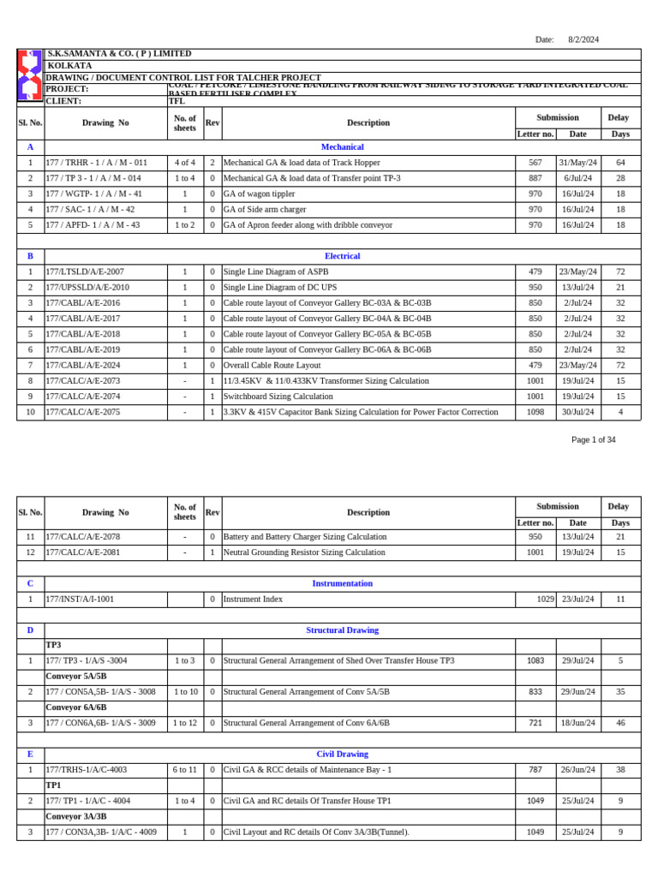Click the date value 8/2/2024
(x=583, y=39)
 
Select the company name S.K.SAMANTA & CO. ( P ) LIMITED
(x=119, y=54)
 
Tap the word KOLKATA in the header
(x=69, y=66)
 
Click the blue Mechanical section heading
(x=342, y=147)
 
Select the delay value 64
(x=620, y=163)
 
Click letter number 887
(x=535, y=178)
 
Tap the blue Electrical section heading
(x=342, y=256)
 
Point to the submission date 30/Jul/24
(x=577, y=412)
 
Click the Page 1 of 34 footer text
(x=593, y=440)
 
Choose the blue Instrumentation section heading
(x=342, y=583)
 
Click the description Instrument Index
(x=253, y=600)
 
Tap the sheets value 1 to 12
(x=185, y=723)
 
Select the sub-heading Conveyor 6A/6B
(x=76, y=707)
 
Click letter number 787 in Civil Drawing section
(x=535, y=770)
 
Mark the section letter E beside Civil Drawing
(x=30, y=755)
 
